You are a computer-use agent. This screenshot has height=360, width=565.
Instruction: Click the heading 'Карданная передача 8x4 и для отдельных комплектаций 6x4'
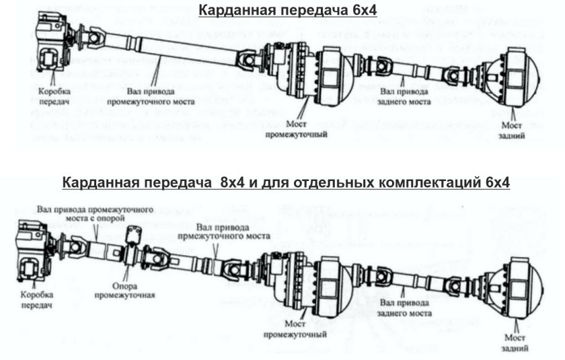(x=285, y=182)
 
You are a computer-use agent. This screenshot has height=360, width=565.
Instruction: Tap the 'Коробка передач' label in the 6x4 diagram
(x=54, y=95)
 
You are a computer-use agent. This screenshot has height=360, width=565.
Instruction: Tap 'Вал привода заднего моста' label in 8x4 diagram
(x=403, y=308)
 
